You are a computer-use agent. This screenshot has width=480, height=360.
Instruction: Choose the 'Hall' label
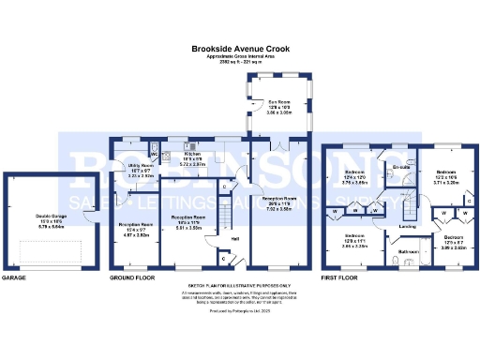point(235,238)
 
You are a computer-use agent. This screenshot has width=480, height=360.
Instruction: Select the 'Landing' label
point(408,227)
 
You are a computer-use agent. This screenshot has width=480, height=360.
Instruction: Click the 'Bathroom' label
point(409,251)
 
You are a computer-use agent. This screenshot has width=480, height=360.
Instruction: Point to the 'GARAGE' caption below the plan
point(13,278)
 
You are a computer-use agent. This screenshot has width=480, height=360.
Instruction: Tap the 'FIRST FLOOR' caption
point(340,278)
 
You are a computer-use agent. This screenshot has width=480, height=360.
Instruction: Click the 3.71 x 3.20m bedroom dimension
point(446,184)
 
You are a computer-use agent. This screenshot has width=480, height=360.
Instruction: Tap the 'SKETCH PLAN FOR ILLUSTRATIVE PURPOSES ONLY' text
point(241,284)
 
